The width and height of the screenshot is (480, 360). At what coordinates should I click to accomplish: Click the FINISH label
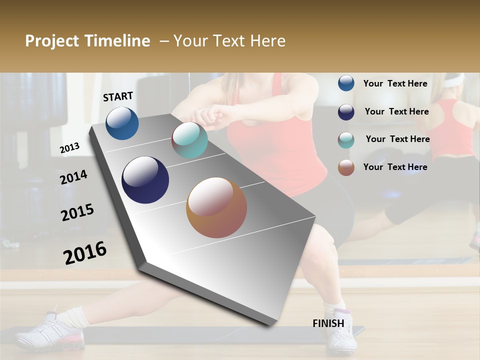pos(328,323)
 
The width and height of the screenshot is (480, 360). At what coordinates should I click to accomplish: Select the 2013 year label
pos(69,148)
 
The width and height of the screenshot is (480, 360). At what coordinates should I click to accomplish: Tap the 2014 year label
pos(73,177)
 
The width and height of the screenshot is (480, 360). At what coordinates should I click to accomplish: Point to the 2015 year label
pos(77,212)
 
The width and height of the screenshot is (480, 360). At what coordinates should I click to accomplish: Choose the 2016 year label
pos(85,253)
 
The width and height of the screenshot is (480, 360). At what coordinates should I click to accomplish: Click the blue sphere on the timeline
pos(122,123)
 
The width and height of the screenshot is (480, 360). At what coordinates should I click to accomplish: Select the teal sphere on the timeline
pos(189,140)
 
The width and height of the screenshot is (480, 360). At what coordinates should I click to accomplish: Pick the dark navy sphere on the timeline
pos(145,180)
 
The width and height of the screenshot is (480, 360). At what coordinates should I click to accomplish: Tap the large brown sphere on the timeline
pos(216,207)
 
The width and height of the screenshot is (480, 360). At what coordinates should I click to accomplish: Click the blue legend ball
pos(346,83)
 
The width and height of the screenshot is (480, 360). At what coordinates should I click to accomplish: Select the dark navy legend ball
pos(346,112)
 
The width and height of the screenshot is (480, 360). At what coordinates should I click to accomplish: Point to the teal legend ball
pos(346,140)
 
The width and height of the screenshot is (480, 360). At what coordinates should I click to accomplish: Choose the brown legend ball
pos(346,167)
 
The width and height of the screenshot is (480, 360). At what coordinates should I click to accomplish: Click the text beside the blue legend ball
pos(395,83)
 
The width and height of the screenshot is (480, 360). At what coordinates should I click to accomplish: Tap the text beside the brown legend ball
pos(395,167)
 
